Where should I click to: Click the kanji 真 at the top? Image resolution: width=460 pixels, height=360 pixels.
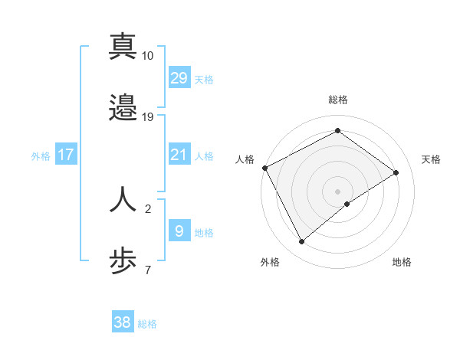tap(123, 47)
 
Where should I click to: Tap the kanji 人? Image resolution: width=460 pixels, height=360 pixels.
tap(123, 198)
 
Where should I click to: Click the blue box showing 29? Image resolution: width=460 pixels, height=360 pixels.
tap(179, 78)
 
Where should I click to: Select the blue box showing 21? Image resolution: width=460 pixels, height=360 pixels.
tap(179, 155)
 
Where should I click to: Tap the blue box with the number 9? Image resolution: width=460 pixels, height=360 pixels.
tap(179, 231)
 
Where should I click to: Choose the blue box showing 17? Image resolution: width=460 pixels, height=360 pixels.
tap(66, 155)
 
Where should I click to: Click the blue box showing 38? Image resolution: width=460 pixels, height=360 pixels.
tap(123, 323)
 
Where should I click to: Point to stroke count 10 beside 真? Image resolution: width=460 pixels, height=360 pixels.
tap(148, 56)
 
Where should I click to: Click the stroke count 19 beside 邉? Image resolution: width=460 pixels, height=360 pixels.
tap(148, 116)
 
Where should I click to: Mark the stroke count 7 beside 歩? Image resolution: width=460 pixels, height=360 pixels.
tap(147, 269)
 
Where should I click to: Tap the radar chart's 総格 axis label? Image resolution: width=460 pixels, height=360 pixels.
tap(337, 100)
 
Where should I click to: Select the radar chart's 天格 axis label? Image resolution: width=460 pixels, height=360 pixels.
tap(431, 159)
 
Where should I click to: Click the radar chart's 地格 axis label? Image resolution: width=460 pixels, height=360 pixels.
tap(402, 262)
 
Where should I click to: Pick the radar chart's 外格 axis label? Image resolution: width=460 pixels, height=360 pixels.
tap(270, 262)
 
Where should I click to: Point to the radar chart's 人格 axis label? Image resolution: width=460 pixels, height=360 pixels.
tap(245, 159)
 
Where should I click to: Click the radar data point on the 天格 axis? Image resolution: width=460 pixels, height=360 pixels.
tap(396, 172)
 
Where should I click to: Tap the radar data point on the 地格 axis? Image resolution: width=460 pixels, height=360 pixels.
tap(347, 204)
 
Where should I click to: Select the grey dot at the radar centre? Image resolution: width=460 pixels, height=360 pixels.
tap(337, 191)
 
